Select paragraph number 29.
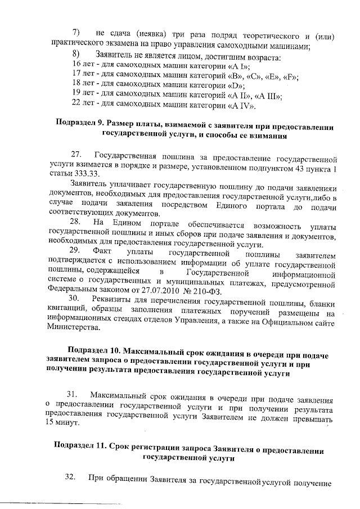point(76,250)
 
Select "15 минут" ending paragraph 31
point(62,422)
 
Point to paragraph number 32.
point(70,478)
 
